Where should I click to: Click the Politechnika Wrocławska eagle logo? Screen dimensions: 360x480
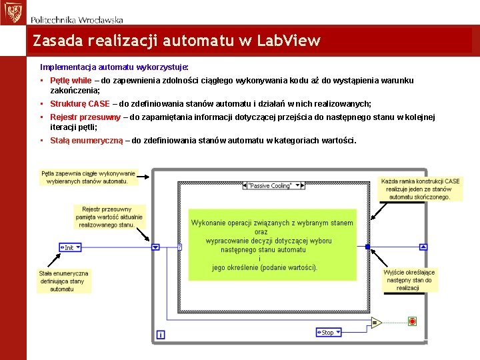point(12,12)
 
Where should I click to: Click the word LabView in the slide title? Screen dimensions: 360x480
point(293,41)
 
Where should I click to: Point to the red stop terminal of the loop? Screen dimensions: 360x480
point(412,321)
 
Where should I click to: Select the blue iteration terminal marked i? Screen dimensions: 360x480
point(160,334)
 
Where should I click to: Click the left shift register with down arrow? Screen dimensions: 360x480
point(155,247)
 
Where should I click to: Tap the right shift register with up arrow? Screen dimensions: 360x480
point(423,247)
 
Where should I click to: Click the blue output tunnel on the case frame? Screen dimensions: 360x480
point(367,247)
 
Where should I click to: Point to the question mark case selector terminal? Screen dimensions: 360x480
point(180,247)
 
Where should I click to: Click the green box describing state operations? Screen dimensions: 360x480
point(271,245)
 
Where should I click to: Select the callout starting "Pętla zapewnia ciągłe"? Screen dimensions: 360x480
point(88,177)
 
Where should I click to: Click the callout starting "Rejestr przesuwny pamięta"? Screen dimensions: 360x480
point(107,217)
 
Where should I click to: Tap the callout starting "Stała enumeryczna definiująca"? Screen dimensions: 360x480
point(63,281)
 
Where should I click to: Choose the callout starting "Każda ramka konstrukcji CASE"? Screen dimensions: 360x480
point(420,189)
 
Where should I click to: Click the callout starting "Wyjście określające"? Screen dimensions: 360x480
point(409,280)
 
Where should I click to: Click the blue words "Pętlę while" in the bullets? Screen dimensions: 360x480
point(71,80)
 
